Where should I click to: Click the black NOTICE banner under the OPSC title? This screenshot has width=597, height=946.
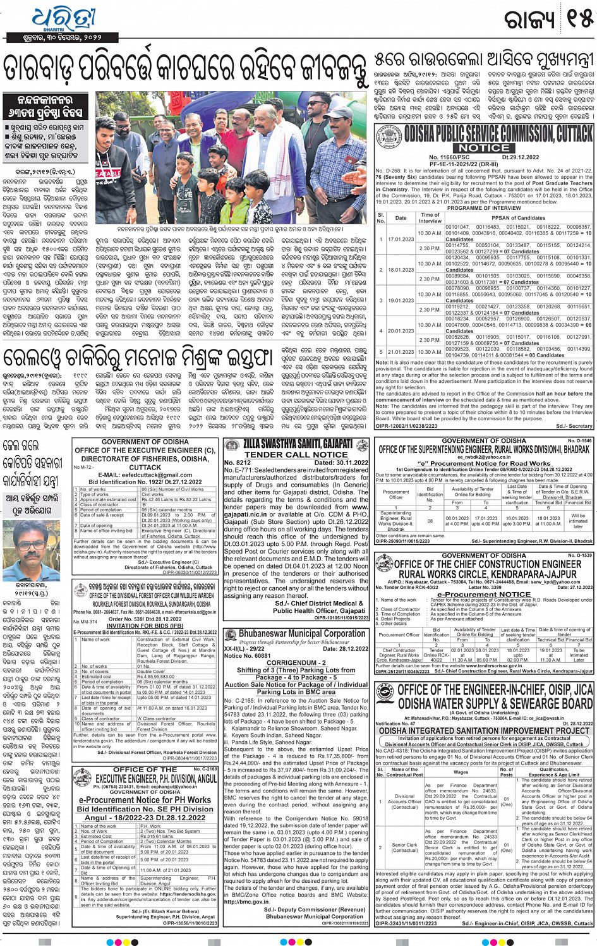tap(484, 147)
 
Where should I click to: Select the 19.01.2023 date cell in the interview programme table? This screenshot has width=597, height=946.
tap(401, 301)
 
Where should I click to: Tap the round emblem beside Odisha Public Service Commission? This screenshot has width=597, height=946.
tap(388, 136)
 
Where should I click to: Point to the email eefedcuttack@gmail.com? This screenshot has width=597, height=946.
tap(145, 475)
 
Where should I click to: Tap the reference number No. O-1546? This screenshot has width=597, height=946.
tap(579, 440)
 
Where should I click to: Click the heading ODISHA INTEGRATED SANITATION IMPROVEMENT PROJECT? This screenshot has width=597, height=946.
tap(484, 731)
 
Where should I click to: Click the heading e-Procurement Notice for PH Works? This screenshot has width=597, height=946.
tap(145, 800)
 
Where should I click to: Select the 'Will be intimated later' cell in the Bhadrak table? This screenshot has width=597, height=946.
tap(577, 519)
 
